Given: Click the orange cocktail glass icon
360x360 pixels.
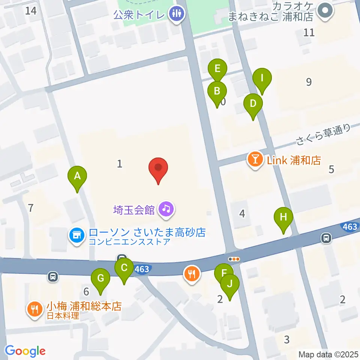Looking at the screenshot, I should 255,160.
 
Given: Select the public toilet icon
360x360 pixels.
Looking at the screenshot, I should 176,14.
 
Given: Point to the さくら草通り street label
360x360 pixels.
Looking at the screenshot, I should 322,135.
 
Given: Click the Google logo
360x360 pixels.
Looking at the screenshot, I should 25,351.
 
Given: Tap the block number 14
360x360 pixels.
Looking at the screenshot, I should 31,10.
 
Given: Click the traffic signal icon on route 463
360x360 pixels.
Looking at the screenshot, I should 234,259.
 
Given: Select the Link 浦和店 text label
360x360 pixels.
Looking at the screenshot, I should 294,160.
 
